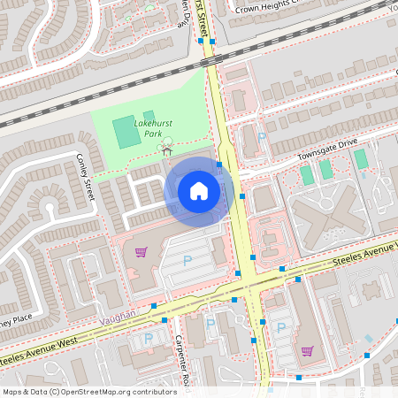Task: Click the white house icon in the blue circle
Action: point(198,191)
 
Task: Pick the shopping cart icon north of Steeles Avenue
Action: point(140,252)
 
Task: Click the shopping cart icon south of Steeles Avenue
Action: point(307,350)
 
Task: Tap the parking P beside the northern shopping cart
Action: point(187,260)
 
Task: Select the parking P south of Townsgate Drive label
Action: point(262,136)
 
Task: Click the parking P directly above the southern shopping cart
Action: point(280,328)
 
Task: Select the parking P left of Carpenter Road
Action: point(148,339)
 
